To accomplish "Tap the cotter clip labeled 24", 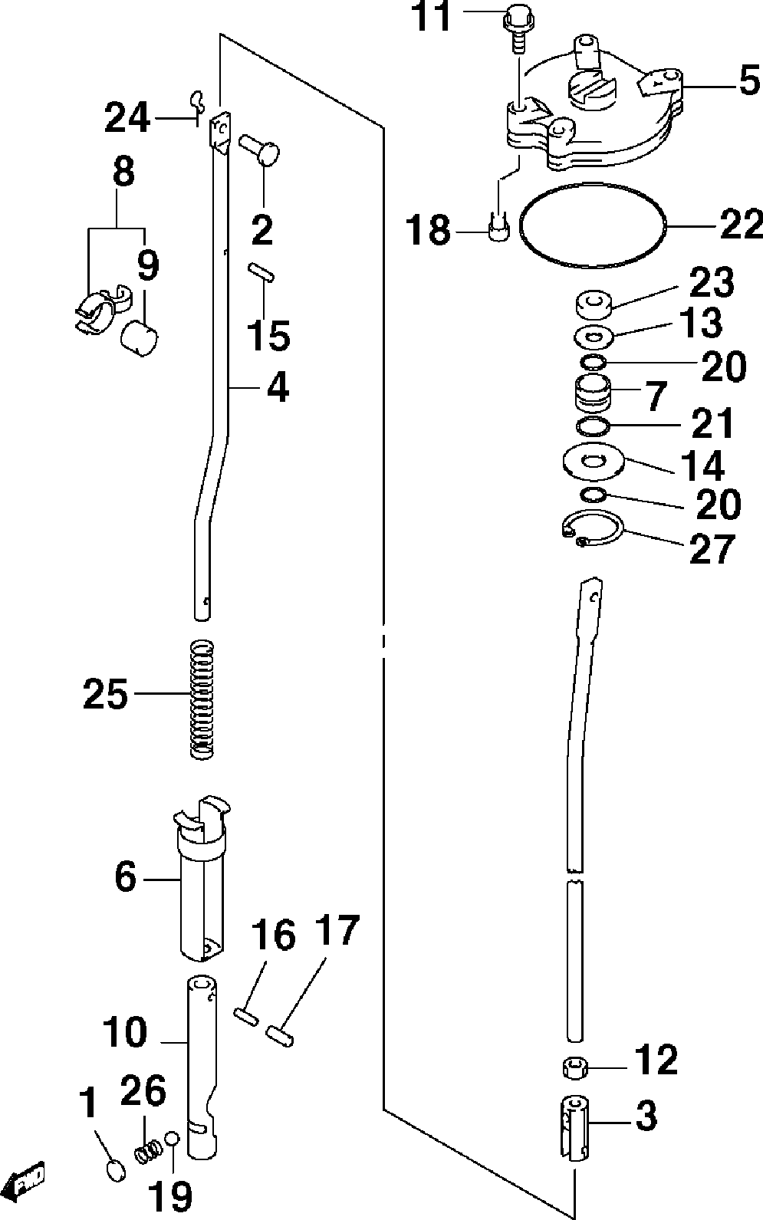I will click(x=197, y=101).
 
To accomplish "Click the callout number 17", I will click(x=336, y=931).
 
